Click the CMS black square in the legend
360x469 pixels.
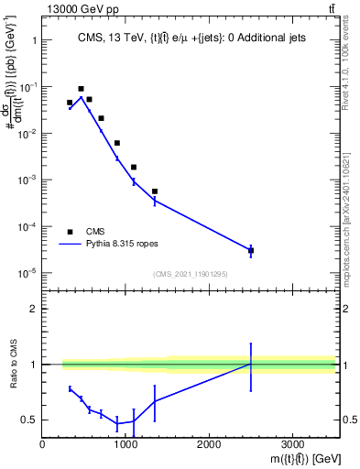(70, 232)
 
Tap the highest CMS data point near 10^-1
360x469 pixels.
(81, 89)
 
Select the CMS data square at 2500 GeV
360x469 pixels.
(251, 250)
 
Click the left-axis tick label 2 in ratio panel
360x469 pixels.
(34, 309)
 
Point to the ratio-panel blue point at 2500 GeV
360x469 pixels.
(251, 365)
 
